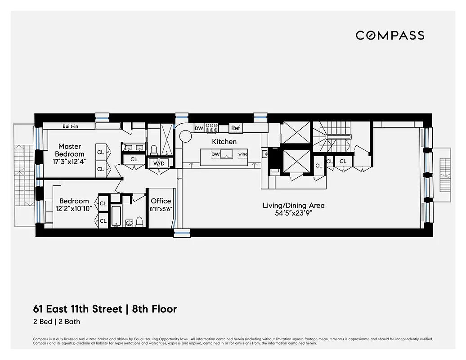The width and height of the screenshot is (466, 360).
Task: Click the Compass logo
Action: click(x=390, y=35)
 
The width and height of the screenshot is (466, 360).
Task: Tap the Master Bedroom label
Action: click(x=70, y=150)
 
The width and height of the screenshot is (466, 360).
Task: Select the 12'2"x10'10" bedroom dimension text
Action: click(x=74, y=209)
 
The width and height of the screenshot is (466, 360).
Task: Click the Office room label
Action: click(x=161, y=201)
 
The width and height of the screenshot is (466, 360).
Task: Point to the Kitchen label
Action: click(x=224, y=142)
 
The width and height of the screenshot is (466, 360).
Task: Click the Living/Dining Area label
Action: click(x=293, y=206)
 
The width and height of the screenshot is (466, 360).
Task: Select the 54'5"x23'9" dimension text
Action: click(x=293, y=213)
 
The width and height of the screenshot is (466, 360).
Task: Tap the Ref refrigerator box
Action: click(x=236, y=128)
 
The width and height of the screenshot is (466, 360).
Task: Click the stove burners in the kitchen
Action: click(x=211, y=128)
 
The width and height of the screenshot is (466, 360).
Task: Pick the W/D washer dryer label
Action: click(x=159, y=163)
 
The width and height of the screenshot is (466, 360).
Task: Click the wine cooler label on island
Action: click(x=243, y=154)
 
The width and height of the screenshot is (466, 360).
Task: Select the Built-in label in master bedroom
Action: click(x=70, y=126)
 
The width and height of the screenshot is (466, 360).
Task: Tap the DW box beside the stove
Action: click(x=199, y=128)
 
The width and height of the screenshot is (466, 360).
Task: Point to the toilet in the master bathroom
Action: click(x=153, y=149)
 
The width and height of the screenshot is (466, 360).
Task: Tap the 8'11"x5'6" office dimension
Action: click(x=161, y=209)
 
